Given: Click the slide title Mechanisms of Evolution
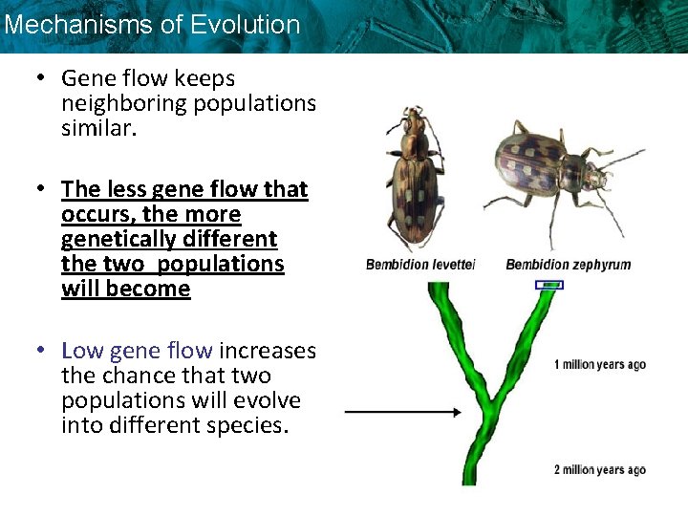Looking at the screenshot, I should click(152, 25).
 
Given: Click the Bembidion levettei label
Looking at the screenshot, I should click(419, 265).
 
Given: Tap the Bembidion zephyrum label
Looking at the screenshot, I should click(568, 265).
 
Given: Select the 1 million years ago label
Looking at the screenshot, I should click(599, 364).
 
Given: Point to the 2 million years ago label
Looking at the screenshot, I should click(599, 469).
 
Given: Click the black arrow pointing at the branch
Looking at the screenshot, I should click(401, 413).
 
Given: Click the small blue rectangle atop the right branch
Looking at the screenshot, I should click(548, 285).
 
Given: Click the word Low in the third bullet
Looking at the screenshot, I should click(82, 351).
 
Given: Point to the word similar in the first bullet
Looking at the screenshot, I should click(98, 128).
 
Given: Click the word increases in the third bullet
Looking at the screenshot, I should click(267, 351).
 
